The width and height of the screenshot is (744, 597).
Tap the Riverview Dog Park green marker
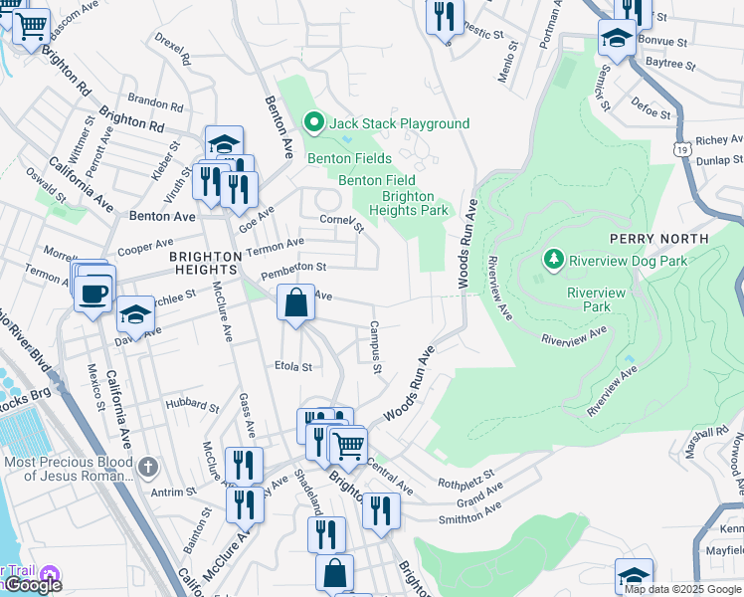click(553, 260)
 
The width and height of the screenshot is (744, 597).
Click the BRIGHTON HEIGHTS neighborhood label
click(206, 264)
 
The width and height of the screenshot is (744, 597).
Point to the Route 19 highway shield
click(681, 148)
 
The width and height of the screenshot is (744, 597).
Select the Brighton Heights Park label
click(408, 203)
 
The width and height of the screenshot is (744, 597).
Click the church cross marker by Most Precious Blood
click(148, 465)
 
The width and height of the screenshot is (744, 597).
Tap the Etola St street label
click(293, 366)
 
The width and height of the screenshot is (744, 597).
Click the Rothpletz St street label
click(465, 479)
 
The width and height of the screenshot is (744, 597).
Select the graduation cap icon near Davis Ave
click(135, 315)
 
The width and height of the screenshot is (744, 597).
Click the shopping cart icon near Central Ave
click(348, 446)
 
